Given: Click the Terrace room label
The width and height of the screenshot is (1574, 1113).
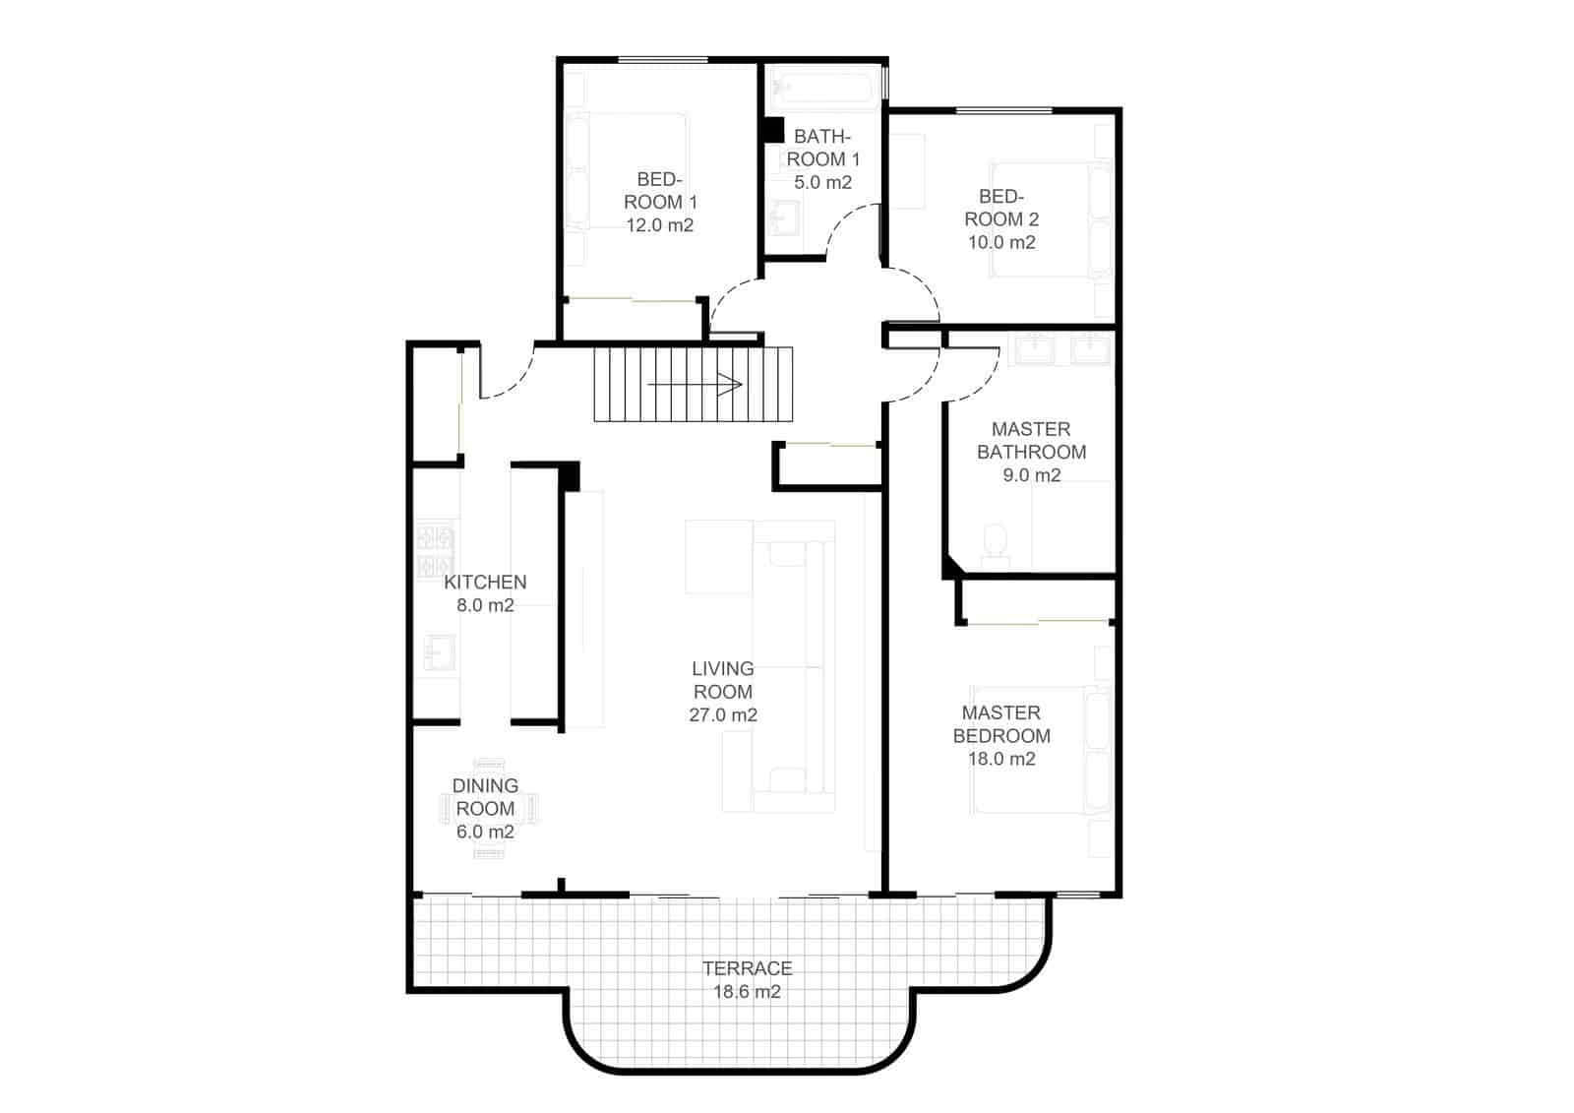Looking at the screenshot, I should [747, 968].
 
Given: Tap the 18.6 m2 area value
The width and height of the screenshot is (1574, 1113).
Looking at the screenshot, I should [747, 992].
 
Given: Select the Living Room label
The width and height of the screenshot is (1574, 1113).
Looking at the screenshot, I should [723, 680].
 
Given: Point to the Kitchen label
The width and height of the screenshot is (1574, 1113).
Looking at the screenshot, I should [485, 582].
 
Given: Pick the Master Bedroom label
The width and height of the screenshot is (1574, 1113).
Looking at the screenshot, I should [1001, 724].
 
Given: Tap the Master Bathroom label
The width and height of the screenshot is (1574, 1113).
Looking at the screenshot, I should [1031, 441].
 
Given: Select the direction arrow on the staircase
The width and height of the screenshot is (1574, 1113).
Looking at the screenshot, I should [695, 385].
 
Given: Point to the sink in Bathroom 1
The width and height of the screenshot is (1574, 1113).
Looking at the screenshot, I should [784, 218].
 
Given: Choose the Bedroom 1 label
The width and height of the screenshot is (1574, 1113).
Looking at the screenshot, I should [660, 191].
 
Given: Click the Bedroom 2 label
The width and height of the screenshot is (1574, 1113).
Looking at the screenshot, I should [1001, 208].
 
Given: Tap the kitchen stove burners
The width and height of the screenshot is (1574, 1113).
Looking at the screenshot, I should [436, 551].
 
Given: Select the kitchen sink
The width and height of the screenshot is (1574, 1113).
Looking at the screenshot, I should [439, 651].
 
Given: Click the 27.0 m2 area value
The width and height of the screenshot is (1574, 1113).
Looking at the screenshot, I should [723, 715].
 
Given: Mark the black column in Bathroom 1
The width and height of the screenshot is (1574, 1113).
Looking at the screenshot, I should [772, 132].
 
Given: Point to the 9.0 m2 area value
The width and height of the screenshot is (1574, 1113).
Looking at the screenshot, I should [1031, 475].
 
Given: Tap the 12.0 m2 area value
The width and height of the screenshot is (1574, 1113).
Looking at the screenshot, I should [660, 225].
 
